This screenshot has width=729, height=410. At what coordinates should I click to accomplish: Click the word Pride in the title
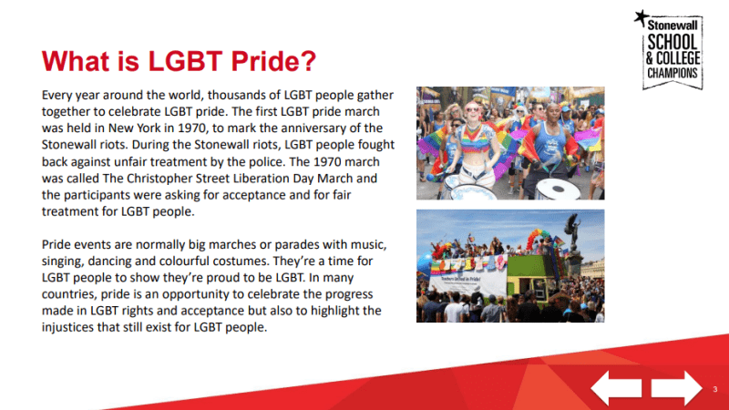click(264, 62)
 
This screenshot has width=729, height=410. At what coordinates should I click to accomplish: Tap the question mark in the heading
click(310, 62)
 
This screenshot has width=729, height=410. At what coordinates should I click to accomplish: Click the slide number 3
click(714, 389)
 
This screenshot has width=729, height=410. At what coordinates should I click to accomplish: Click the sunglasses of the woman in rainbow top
click(473, 108)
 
